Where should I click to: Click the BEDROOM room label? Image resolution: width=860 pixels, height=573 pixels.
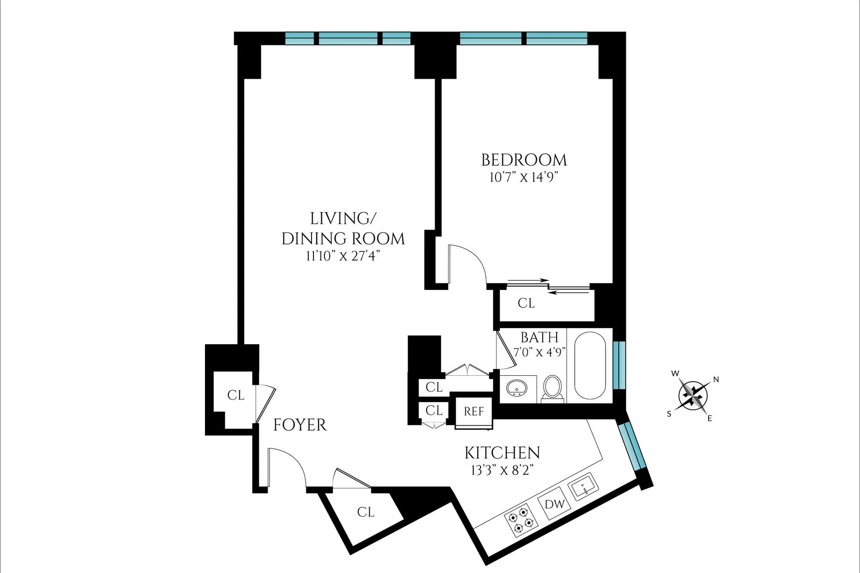[x=524, y=159]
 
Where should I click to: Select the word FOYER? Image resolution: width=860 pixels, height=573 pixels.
[x=300, y=425]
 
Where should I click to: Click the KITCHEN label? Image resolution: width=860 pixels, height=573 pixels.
[x=502, y=453]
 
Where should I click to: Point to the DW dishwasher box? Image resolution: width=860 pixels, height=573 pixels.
[x=555, y=504]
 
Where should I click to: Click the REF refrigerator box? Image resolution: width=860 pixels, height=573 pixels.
[x=474, y=411]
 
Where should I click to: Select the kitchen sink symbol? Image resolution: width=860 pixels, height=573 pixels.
[x=583, y=487]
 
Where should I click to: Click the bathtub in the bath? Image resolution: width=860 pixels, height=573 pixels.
[x=591, y=366]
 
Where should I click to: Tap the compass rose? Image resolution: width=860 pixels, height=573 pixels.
[x=693, y=395]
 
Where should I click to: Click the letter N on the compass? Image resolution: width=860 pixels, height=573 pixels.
[x=716, y=380]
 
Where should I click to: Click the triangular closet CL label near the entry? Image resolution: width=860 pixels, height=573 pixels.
[x=365, y=512]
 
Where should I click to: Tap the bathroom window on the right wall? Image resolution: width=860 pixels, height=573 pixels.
[x=619, y=365]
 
